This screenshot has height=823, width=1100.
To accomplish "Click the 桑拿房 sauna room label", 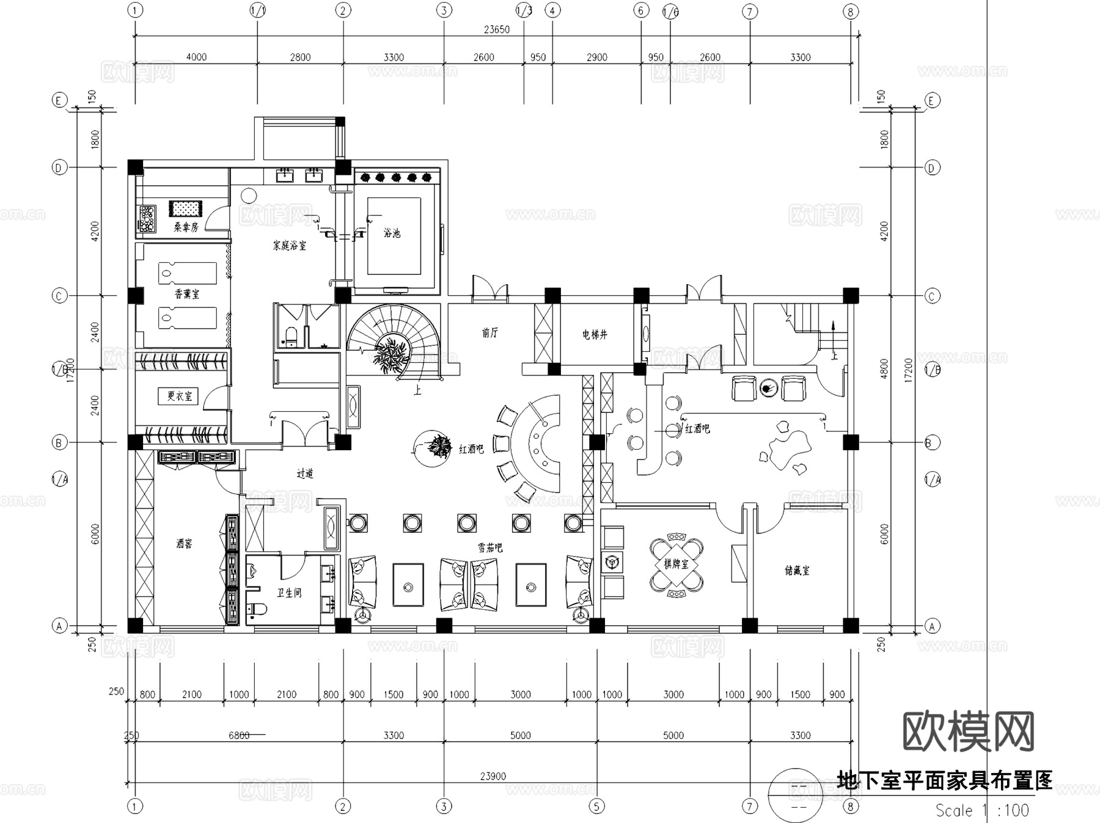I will pos(186,227).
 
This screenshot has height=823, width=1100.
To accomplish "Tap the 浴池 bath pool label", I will pos(392,233).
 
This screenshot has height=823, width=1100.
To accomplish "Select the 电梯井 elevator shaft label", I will pos(595,334).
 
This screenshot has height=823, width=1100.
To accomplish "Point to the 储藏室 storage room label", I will pos(797,571).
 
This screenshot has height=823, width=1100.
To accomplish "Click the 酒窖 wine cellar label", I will pos(184,543).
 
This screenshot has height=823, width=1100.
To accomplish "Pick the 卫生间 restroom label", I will pos(289,593).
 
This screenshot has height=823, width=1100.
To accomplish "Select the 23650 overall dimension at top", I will pos(496,29).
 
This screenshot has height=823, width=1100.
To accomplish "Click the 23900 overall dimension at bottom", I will pos(493,776).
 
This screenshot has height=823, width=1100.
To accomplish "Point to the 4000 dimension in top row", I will pos(196,57).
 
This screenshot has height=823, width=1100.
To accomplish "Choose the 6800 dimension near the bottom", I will pos(239,735).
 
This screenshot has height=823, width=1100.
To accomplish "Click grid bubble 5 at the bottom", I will pos(596,806).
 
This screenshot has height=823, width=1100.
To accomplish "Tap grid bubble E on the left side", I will pos(59,100).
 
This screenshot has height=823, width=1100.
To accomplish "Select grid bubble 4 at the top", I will pos(552,10).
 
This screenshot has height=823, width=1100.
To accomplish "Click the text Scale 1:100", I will pos(982,810).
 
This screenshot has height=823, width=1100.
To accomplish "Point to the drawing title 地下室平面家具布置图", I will pos(945,780).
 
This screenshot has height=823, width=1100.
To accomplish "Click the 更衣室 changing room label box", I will pos(179,396).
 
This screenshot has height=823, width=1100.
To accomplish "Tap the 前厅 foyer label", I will pos(490,332).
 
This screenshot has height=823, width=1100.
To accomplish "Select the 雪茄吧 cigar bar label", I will pos(490,548).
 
